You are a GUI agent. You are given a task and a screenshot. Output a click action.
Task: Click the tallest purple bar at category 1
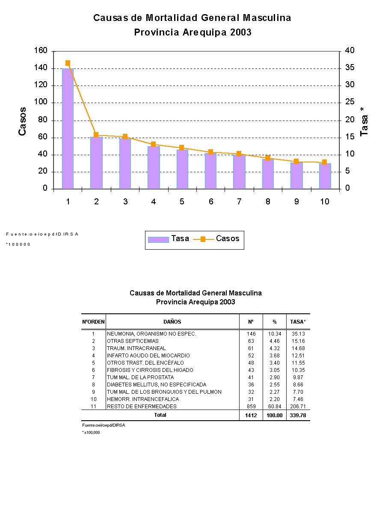pos(68,128)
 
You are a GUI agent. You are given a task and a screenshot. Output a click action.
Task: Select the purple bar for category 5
pos(182,169)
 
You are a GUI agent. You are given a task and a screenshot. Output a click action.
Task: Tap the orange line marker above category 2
pos(96,135)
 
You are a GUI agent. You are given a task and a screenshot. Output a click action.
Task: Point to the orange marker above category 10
pos(325,162)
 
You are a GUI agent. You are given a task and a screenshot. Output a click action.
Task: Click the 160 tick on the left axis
pos(41,51)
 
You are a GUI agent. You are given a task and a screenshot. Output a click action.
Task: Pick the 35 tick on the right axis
pos(349,68)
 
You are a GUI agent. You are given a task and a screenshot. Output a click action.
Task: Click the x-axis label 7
pos(239,201)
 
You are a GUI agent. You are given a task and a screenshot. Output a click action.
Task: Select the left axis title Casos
pos(22,121)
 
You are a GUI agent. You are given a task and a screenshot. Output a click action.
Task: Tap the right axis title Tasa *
pos(364,122)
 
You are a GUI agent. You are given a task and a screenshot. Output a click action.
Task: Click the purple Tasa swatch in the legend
pos(158,239)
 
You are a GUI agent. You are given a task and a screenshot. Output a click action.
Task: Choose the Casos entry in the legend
pos(227,239)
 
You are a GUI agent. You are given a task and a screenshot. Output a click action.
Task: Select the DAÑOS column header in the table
pos(172,322)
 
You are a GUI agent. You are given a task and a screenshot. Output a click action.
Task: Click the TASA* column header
pos(298,322)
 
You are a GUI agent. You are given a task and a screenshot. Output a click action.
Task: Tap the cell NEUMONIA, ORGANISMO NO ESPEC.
pos(151,334)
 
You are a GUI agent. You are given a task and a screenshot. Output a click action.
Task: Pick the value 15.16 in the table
pos(298,341)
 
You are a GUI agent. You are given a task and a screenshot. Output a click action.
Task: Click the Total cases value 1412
pos(251,415)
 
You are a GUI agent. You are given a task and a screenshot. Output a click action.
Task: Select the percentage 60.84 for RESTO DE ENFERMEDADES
pos(274,407)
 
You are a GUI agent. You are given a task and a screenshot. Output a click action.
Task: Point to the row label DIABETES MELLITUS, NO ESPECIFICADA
pos(157,385)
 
